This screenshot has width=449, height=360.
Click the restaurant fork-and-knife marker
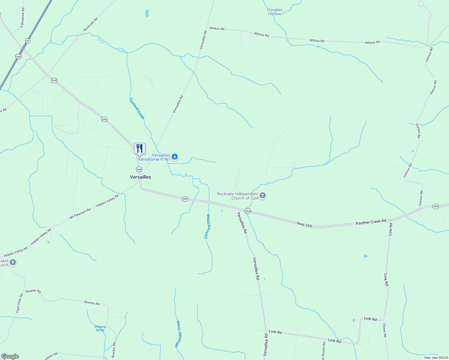pyautogui.click(x=140, y=148)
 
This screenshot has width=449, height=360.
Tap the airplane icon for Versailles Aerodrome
pyautogui.click(x=175, y=157)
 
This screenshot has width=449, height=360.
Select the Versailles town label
pyautogui.click(x=140, y=177)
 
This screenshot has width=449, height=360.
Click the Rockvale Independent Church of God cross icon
pyautogui.click(x=263, y=196)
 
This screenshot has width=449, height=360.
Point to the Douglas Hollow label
pyautogui.click(x=275, y=12)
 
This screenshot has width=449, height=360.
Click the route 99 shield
pyautogui.click(x=28, y=41)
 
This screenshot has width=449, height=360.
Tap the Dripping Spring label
pyautogui.click(x=100, y=328)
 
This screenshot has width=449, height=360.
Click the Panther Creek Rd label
pyautogui.click(x=371, y=222)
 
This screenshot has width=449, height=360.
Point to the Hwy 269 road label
pyautogui.click(x=304, y=224)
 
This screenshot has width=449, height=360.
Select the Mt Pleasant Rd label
pyautogui.click(x=80, y=214)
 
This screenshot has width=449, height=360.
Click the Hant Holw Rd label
pyautogui.click(x=19, y=303)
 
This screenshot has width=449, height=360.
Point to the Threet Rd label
pyautogui.click(x=384, y=330)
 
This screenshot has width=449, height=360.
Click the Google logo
pyautogui.click(x=10, y=356)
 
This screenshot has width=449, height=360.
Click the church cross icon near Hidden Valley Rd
pyautogui.click(x=13, y=263)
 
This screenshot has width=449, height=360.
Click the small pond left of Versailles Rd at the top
pyautogui.click(x=147, y=13)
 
